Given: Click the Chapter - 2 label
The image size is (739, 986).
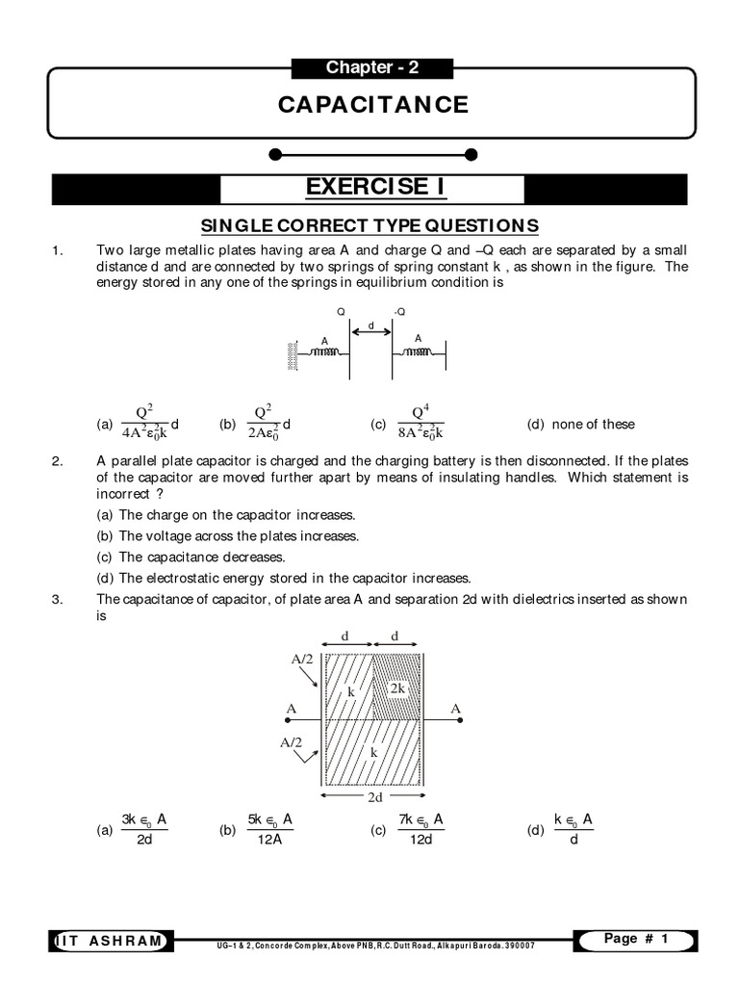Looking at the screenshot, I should (x=371, y=67).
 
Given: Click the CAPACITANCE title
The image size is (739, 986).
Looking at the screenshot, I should (x=373, y=104).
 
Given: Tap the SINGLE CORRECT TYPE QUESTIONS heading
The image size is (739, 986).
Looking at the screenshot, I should (x=369, y=225).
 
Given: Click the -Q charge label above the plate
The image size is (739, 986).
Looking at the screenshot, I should (x=398, y=312).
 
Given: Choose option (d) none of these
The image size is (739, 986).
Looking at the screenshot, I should (x=580, y=424).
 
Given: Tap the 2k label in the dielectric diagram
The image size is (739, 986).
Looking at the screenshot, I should (x=397, y=688).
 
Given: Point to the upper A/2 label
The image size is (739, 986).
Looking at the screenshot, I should (x=302, y=659).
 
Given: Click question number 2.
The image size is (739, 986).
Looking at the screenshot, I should (x=57, y=461).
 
